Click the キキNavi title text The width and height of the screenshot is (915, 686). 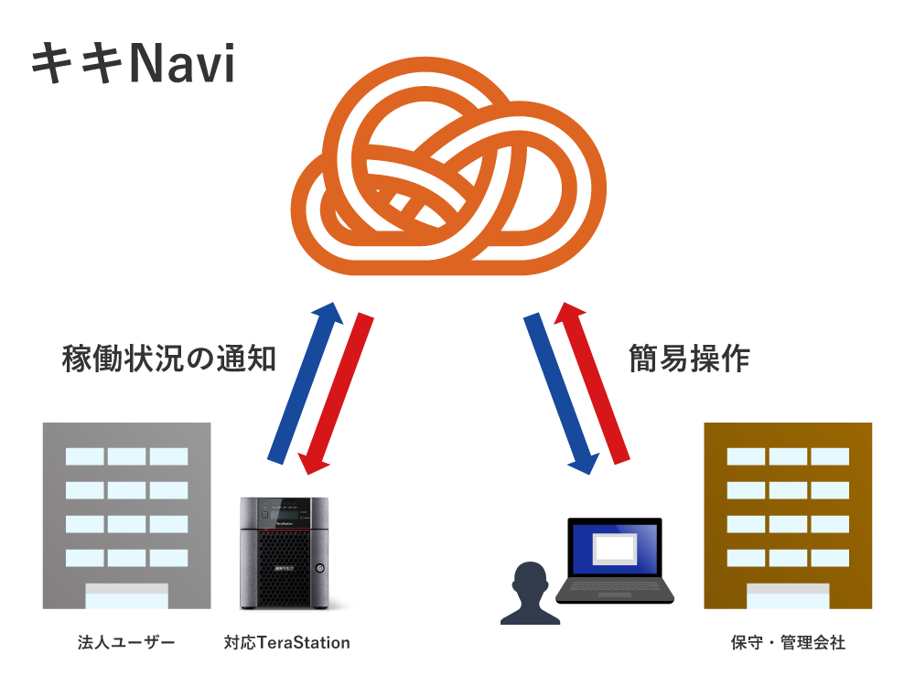click(134, 65)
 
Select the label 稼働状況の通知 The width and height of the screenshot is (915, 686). click(168, 359)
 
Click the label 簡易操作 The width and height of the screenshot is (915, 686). click(689, 359)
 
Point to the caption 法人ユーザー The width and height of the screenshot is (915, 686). click(126, 643)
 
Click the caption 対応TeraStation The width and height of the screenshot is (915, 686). click(286, 643)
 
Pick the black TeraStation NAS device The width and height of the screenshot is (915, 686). click(283, 553)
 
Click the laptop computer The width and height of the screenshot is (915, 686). click(615, 563)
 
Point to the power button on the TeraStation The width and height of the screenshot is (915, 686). click(319, 568)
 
